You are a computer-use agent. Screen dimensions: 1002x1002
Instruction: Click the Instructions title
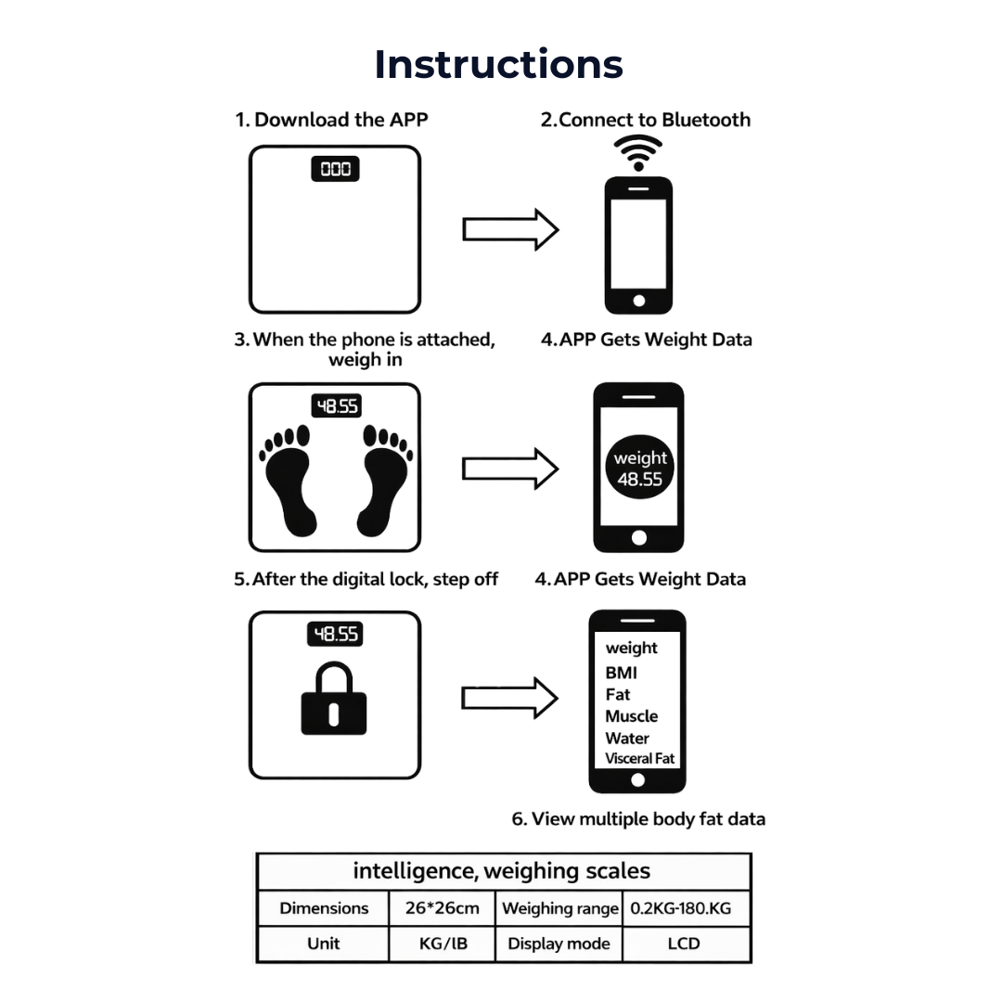499,64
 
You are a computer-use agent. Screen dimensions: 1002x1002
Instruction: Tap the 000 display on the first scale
335,169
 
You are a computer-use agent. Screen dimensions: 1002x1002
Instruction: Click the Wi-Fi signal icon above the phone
638,152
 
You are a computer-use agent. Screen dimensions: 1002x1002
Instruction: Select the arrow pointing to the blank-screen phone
510,229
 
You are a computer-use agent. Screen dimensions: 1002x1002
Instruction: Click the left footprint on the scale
290,479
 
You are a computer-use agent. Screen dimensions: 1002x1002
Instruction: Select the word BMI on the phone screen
621,673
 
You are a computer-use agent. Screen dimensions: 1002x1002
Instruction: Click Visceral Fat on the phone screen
640,759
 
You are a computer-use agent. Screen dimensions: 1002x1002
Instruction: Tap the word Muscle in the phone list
631,716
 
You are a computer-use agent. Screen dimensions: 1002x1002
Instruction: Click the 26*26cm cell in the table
442,908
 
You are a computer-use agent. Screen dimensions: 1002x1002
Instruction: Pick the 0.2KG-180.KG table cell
681,908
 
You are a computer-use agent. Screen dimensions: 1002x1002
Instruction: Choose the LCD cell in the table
684,944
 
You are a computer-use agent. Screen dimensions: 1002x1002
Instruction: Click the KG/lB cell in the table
442,944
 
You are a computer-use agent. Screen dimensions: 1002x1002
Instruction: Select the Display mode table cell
559,944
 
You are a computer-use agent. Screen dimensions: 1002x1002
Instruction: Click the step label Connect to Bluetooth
646,120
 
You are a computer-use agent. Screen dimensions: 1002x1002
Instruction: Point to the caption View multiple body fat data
638,819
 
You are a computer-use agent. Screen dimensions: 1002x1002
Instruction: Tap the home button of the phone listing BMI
638,780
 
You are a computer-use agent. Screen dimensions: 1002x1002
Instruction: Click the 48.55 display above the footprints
335,406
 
